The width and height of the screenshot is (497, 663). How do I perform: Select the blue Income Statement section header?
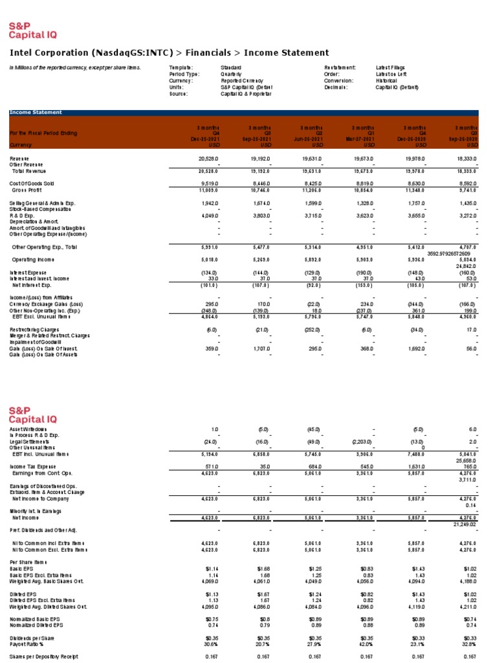(36, 113)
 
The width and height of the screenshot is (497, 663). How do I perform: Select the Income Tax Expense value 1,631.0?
(415, 466)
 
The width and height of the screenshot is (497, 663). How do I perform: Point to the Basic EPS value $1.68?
(263, 568)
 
